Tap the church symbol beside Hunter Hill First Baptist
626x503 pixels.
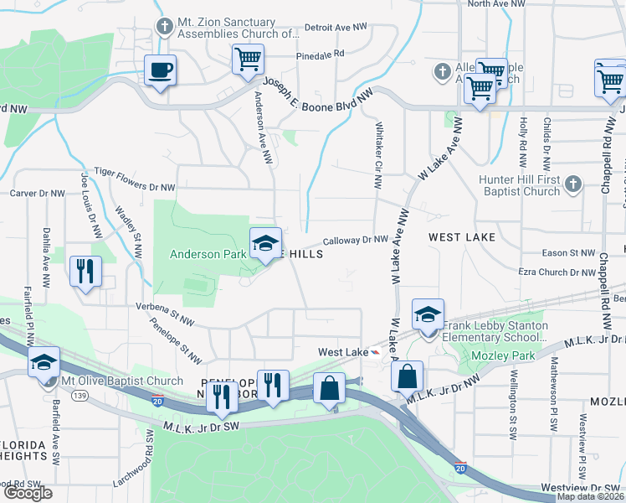[572, 183]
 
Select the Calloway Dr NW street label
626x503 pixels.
[356, 240]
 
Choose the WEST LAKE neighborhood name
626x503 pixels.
[462, 238]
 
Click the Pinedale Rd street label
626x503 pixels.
[320, 54]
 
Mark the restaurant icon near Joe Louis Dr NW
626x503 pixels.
[85, 271]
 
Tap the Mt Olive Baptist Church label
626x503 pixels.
[122, 381]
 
